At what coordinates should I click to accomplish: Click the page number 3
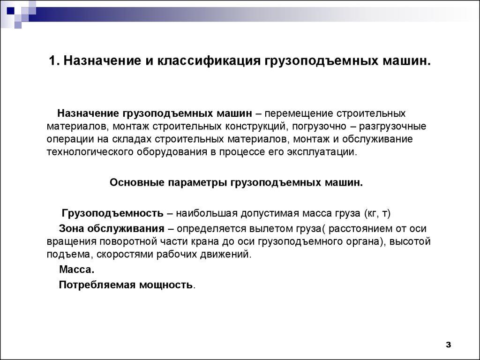[x=448, y=345]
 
